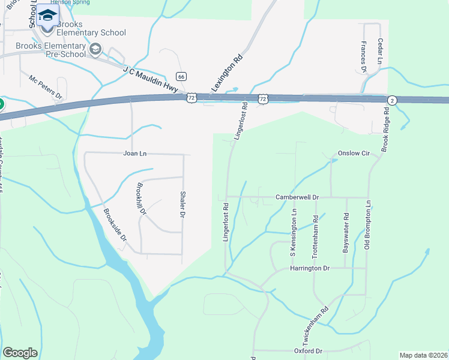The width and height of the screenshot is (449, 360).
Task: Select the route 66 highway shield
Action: [181, 76]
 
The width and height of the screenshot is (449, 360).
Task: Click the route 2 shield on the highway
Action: [391, 100]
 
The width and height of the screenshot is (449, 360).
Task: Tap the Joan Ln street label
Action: [135, 154]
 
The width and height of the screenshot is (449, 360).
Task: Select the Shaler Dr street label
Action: [183, 205]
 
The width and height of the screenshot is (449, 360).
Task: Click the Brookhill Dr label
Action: [142, 199]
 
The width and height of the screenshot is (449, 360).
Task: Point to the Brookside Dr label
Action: [115, 224]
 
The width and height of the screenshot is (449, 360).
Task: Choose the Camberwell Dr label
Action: [296, 197]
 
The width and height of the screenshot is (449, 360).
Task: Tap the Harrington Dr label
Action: [311, 268]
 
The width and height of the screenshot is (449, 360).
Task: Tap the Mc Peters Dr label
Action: [46, 86]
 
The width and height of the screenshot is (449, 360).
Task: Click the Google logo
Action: [20, 352]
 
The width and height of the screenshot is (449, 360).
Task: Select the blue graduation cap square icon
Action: [47, 15]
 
